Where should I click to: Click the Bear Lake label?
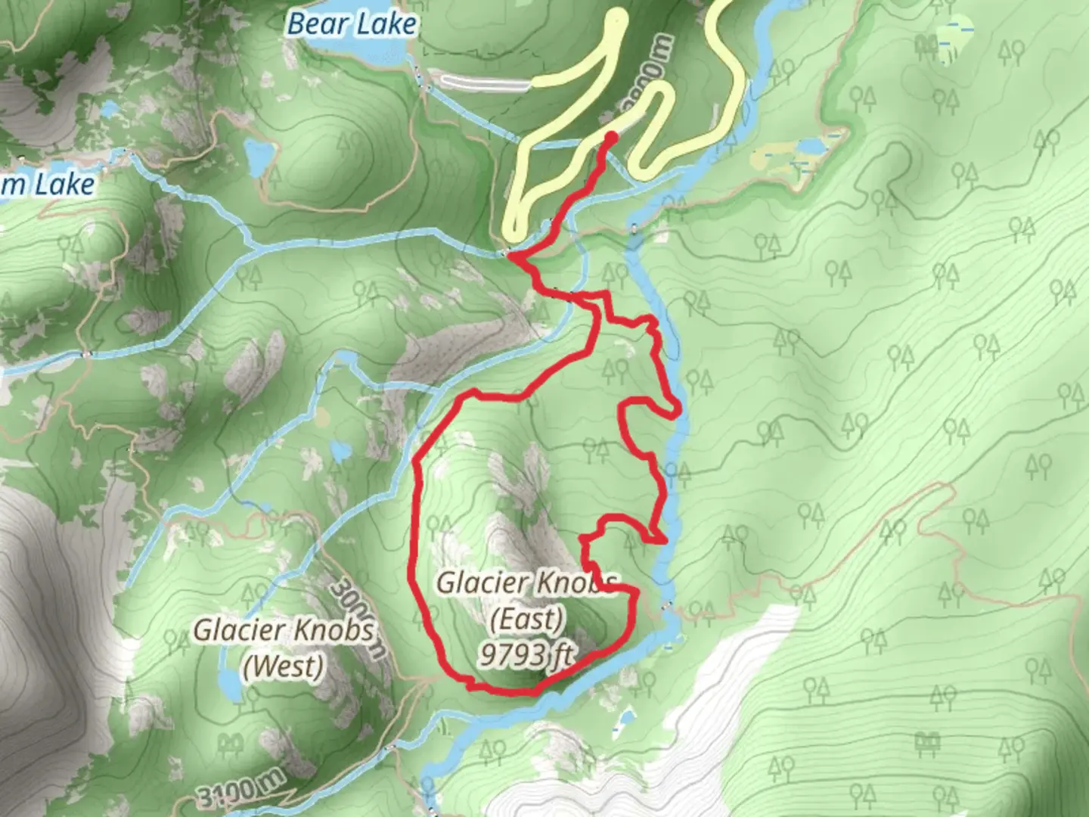pos(352,24)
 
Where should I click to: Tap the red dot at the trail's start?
pos(610,136)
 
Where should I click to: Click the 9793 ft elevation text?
pos(526,655)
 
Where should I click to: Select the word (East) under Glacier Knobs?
pos(527,620)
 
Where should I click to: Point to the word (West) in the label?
pos(284,666)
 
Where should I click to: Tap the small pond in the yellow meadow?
pos(810,144)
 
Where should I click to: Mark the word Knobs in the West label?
pos(338,630)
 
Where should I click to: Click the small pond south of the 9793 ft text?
pos(625,715)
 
